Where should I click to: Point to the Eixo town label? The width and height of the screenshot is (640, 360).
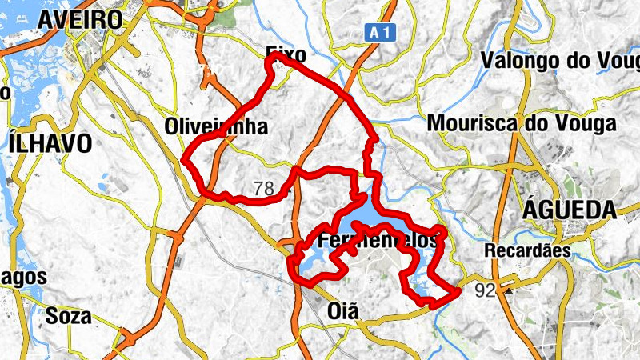tap(286, 55)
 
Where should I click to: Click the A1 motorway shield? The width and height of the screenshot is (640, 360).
tap(382, 32)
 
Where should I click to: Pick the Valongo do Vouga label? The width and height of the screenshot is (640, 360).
tap(559, 61)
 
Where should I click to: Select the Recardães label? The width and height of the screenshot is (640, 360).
tap(526, 250)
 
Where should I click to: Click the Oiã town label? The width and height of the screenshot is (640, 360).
tap(345, 310)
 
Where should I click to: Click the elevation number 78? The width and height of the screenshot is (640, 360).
tap(263, 190)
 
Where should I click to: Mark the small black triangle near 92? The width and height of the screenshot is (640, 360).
tap(508, 291)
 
